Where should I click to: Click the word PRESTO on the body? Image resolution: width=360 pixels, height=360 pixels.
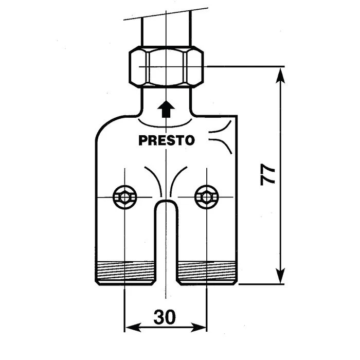[167, 140]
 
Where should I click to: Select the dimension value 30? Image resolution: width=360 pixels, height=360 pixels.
[165, 317]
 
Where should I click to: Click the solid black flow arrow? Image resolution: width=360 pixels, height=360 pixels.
[166, 109]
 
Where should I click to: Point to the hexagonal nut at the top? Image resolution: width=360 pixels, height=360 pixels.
[166, 67]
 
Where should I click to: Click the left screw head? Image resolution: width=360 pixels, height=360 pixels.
[124, 197]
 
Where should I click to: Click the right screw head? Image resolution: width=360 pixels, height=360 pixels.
[207, 197]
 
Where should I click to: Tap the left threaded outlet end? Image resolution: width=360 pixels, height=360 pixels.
[125, 273]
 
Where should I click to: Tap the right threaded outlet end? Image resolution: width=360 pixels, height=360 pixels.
[207, 273]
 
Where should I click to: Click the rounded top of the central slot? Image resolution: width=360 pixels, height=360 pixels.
[166, 203]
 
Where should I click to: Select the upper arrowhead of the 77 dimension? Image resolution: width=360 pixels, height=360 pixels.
[281, 75]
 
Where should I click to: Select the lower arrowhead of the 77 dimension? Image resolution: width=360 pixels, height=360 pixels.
[281, 276]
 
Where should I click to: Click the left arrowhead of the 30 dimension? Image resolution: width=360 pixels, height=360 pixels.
[133, 327]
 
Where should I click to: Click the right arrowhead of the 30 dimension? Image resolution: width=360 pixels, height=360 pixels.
[199, 327]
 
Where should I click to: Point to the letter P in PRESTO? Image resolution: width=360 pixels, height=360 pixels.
[143, 140]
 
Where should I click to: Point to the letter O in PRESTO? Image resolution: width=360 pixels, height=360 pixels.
[190, 140]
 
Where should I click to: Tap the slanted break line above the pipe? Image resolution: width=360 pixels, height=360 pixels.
[166, 14]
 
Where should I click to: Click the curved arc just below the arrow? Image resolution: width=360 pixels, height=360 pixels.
[165, 123]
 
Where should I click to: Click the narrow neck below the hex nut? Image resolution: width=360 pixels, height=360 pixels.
[166, 101]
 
